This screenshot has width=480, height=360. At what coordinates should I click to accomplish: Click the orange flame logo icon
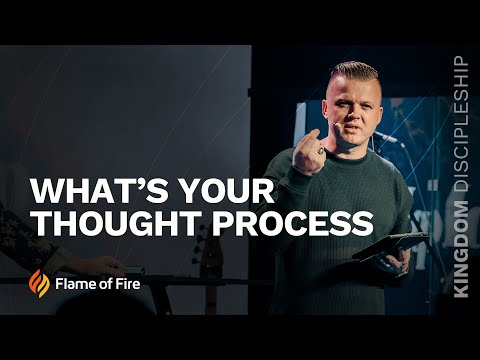[39, 283]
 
